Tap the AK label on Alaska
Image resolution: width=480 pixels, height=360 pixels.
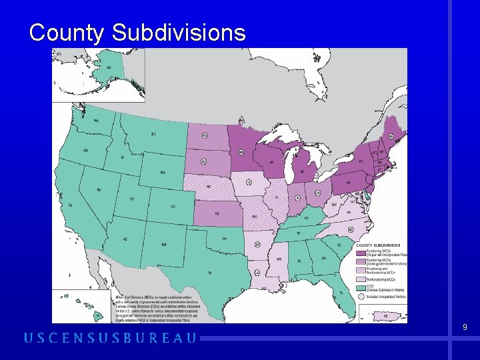[109, 67]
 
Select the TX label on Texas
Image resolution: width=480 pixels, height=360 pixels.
[209, 273]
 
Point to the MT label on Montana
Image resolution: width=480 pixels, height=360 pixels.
[153, 134]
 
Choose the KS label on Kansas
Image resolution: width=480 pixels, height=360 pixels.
[217, 213]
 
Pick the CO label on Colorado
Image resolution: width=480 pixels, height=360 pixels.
[173, 207]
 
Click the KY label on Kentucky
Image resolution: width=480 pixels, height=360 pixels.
[307, 218]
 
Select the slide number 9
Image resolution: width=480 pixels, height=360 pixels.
[465, 327]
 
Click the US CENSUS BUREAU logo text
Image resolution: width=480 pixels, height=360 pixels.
[111, 338]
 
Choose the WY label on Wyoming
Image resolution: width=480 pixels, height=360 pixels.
[163, 173]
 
